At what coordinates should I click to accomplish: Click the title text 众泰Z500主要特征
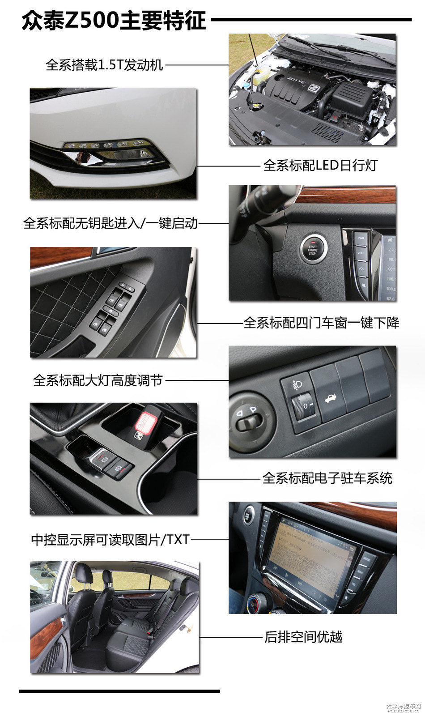click(114, 20)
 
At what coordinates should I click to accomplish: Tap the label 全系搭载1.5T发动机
click(104, 65)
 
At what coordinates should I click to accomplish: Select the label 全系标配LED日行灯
click(320, 166)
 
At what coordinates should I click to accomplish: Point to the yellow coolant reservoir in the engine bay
click(259, 78)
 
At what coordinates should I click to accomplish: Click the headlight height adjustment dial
click(300, 406)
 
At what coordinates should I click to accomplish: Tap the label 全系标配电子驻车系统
click(327, 478)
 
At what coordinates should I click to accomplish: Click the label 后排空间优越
click(303, 637)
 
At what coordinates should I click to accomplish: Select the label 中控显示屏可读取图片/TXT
click(110, 540)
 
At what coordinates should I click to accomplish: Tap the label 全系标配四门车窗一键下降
click(321, 323)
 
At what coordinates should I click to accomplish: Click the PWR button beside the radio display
click(361, 238)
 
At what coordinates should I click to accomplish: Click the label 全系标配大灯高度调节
click(98, 381)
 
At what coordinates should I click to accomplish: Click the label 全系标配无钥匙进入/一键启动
click(110, 223)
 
